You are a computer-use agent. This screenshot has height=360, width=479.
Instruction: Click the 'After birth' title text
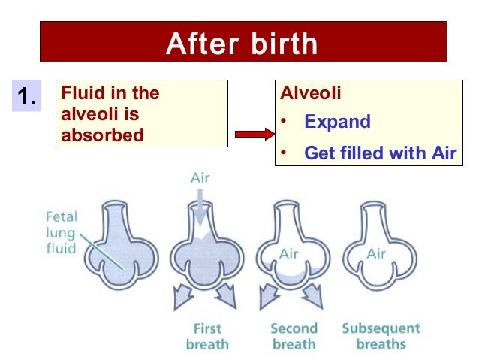242,44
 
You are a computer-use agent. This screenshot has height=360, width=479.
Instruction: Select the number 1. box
28,97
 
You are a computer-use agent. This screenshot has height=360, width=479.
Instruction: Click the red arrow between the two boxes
251,135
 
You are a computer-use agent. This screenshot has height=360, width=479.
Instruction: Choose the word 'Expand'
337,122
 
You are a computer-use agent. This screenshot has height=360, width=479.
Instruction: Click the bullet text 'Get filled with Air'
380,153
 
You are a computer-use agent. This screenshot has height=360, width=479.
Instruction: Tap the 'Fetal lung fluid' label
61,231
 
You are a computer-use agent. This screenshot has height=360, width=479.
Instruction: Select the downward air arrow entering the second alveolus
200,205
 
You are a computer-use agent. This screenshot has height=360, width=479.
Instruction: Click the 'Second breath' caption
294,337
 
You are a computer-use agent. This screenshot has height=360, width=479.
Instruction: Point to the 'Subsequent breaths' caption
381,337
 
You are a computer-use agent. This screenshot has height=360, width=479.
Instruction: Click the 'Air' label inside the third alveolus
288,253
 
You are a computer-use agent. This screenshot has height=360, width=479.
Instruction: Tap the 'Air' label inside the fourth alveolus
375,253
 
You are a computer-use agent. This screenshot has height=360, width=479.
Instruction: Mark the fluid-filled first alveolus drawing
116,248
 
